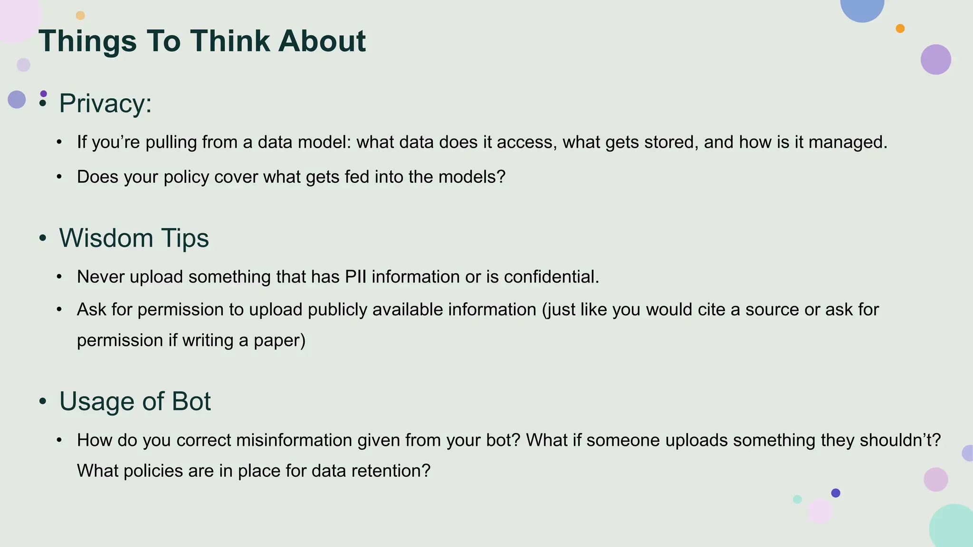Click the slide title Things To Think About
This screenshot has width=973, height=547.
click(x=202, y=41)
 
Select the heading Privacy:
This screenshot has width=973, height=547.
click(x=105, y=103)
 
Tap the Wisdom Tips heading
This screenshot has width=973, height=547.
click(x=134, y=238)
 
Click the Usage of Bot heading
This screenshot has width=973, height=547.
click(x=134, y=401)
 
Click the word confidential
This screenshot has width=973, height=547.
click(x=551, y=277)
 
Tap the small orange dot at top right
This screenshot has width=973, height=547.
click(x=900, y=28)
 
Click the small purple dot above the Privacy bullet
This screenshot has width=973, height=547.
click(x=44, y=94)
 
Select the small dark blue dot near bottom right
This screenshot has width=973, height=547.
click(x=836, y=493)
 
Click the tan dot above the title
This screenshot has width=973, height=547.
click(x=80, y=16)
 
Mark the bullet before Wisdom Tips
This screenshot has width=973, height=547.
click(x=43, y=238)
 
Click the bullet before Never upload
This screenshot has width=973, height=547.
click(x=59, y=277)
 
